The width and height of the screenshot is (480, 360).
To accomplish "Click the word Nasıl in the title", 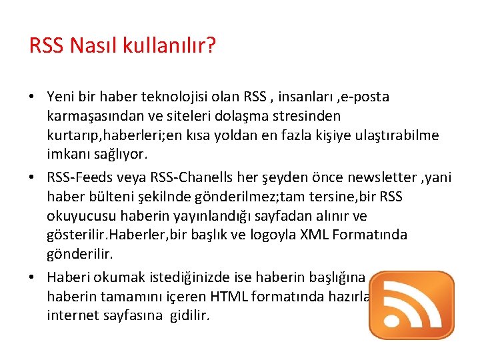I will pyautogui.click(x=83, y=46).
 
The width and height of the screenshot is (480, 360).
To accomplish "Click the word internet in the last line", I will pyautogui.click(x=72, y=315).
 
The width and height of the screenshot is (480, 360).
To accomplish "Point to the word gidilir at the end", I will pyautogui.click(x=187, y=315).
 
